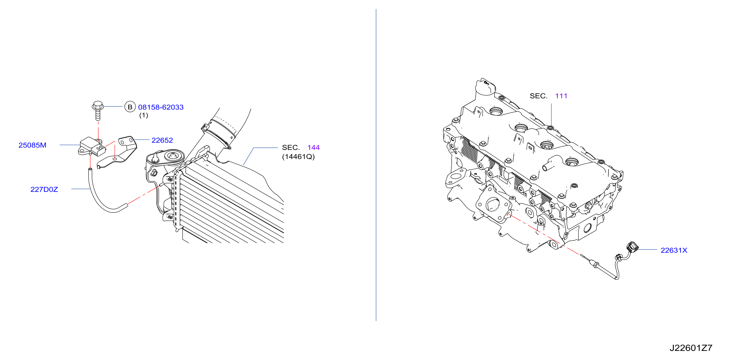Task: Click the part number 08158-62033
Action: click(161, 107)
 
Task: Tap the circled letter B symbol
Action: click(130, 107)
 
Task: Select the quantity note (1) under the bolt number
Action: click(144, 115)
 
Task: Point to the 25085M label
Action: click(32, 145)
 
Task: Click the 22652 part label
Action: click(162, 140)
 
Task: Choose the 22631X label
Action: click(674, 250)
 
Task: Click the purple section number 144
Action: click(313, 147)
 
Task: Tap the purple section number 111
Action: click(561, 96)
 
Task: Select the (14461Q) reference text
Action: click(298, 157)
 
